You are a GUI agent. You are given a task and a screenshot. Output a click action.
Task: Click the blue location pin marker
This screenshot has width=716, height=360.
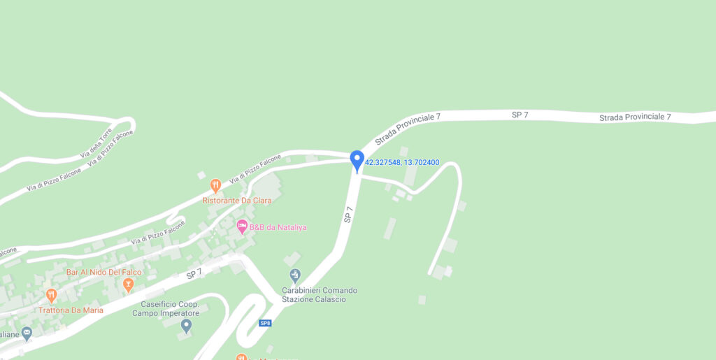pyautogui.click(x=357, y=161)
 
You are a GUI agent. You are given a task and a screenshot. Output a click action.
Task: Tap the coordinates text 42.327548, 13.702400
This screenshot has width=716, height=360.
pyautogui.click(x=402, y=162)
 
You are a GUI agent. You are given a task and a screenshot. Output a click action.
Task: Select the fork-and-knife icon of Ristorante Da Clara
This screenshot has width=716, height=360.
pyautogui.click(x=216, y=186)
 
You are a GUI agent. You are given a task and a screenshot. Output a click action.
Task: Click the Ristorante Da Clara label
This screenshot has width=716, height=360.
pyautogui.click(x=236, y=201)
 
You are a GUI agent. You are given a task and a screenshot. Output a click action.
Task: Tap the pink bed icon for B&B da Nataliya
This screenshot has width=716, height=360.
pyautogui.click(x=242, y=226)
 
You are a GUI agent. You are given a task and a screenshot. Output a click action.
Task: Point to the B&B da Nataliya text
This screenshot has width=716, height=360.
pyautogui.click(x=278, y=227)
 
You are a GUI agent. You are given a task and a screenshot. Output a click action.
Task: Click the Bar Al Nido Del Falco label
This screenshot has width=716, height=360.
pyautogui.click(x=103, y=272)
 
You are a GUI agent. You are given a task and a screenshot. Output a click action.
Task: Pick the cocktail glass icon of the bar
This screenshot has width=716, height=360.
pyautogui.click(x=128, y=285)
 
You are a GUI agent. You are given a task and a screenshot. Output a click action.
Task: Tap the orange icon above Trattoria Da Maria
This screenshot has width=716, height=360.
pyautogui.click(x=51, y=296)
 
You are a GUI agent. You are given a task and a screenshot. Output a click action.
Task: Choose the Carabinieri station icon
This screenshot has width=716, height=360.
pyautogui.click(x=295, y=275)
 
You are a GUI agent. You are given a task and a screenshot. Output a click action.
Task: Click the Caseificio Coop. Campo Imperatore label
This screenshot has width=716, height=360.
pyautogui.click(x=170, y=309)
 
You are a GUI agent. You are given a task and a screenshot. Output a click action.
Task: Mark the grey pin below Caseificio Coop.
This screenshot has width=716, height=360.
pyautogui.click(x=186, y=325)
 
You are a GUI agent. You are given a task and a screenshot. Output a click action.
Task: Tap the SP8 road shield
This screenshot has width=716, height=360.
pyautogui.click(x=265, y=323)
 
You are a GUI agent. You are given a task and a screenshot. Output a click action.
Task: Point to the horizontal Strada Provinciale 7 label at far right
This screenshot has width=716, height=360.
pyautogui.click(x=635, y=117)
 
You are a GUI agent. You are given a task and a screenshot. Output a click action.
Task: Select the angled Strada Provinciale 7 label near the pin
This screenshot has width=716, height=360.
pyautogui.click(x=408, y=129)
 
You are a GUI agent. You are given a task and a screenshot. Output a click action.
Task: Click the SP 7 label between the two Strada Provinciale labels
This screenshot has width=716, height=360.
pyautogui.click(x=520, y=115)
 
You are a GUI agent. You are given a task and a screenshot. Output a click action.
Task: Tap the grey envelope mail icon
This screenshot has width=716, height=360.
pyautogui.click(x=27, y=333)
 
